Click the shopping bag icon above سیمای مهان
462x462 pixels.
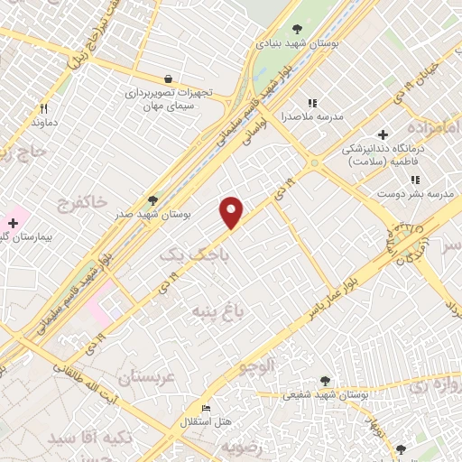(x=168, y=79)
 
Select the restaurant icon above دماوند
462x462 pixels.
(x=43, y=107)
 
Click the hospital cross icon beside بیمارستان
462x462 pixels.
(x=13, y=222)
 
